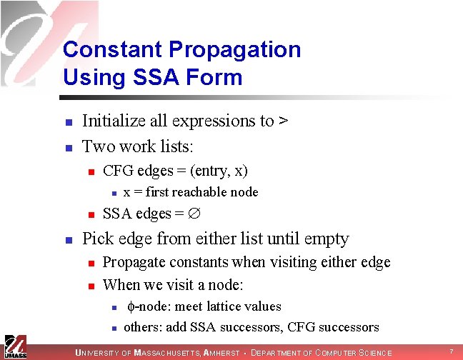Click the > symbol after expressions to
tap(283, 121)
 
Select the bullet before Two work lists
tap(67, 149)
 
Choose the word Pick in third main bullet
tap(98, 239)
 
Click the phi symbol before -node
tap(130, 307)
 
